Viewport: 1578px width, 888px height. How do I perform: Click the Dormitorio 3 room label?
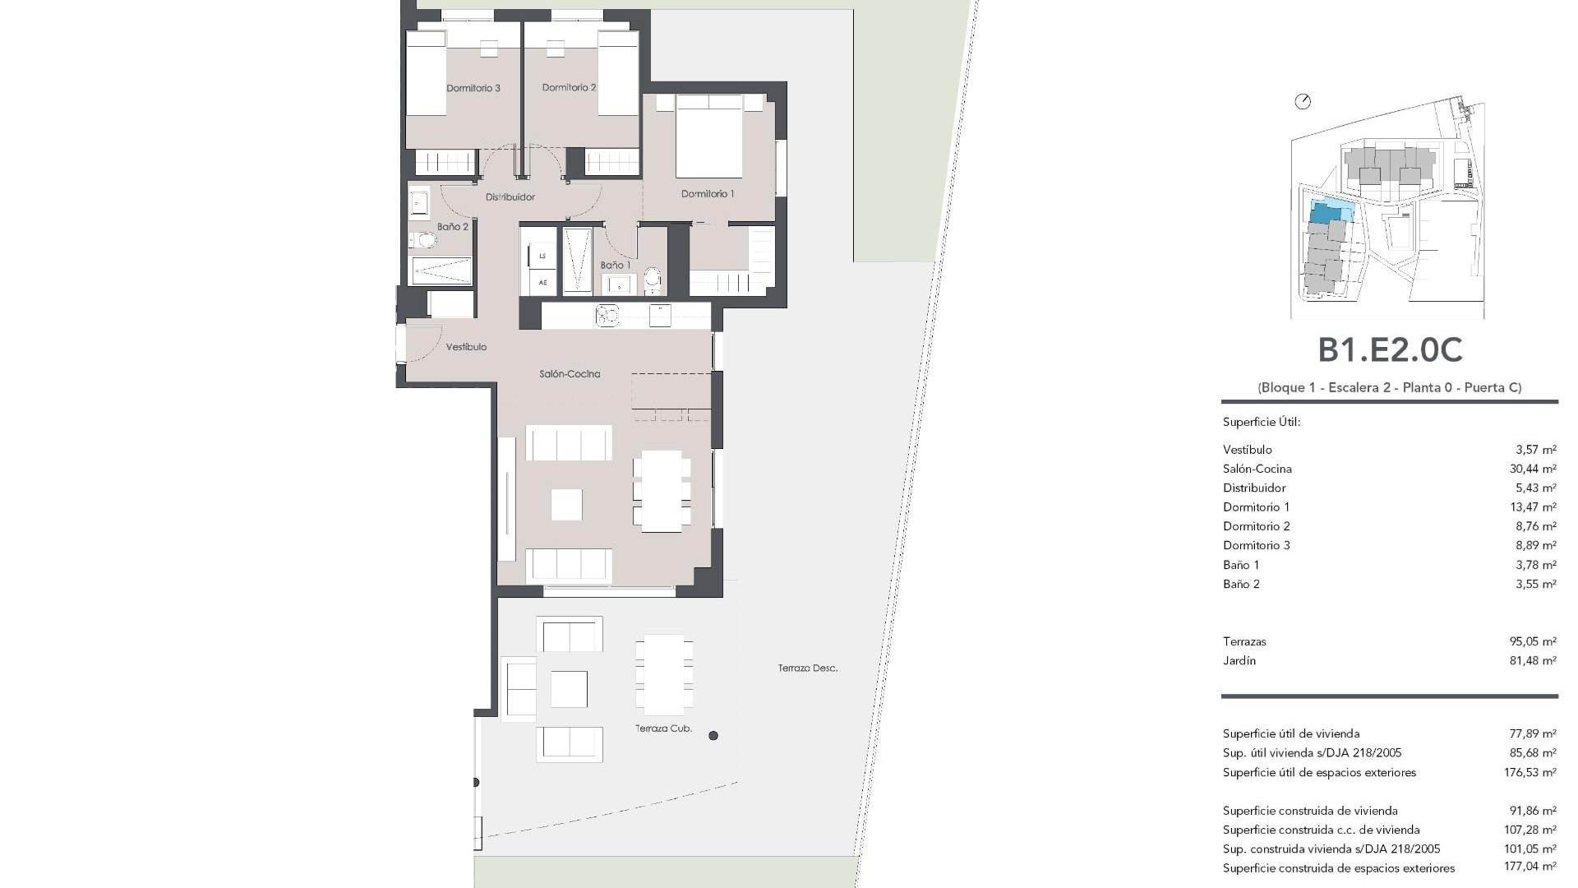(x=473, y=88)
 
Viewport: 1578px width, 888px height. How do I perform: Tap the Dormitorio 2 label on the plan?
(x=569, y=87)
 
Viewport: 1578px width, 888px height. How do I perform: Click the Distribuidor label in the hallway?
(x=510, y=197)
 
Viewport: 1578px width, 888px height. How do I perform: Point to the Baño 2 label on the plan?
(x=452, y=227)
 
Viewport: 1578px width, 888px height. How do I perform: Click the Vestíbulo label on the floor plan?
(x=466, y=347)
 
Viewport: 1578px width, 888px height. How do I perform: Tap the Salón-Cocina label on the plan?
(x=570, y=374)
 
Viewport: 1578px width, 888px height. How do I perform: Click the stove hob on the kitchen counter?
(x=607, y=314)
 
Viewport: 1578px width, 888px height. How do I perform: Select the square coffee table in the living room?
(x=566, y=504)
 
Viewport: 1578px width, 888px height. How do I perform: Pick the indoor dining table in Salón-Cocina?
(x=662, y=491)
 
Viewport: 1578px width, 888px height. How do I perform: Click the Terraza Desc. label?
(x=808, y=668)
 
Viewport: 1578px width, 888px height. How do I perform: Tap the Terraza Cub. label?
(x=663, y=728)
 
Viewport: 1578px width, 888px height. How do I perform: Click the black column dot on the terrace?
(x=713, y=736)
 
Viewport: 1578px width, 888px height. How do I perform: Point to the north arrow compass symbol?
(x=1303, y=102)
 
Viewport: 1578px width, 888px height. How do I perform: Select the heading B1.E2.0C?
(x=1390, y=350)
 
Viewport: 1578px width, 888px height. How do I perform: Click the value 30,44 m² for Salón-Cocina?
(x=1533, y=469)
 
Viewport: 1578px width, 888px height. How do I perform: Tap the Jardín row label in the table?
(x=1239, y=661)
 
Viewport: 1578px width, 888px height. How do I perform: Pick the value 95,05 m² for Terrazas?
(x=1533, y=641)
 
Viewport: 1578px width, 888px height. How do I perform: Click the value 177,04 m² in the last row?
(x=1530, y=867)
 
